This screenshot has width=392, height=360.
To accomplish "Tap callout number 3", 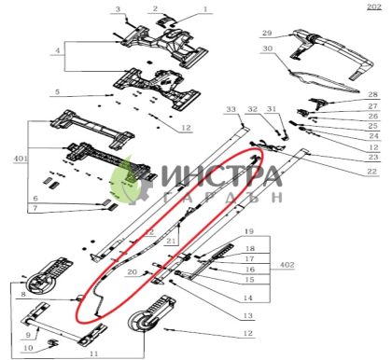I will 119,8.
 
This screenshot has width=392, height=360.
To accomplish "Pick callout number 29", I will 266,33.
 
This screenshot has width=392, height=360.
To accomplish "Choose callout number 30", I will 266,48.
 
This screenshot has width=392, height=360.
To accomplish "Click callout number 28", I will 372,95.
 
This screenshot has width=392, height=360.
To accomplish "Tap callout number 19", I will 248,229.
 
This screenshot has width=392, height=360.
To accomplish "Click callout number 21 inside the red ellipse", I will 171,242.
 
